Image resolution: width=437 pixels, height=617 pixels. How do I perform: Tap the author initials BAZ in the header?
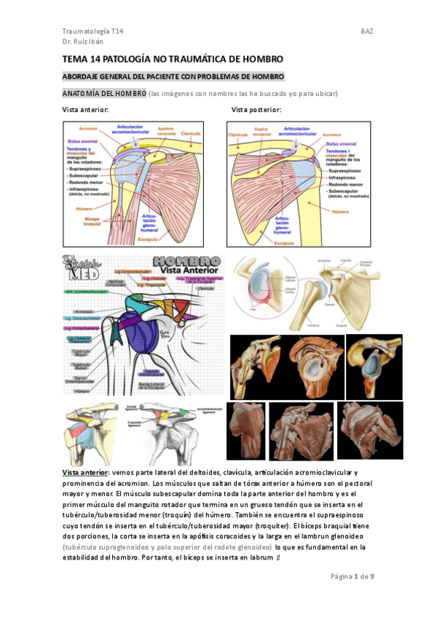pos(366,31)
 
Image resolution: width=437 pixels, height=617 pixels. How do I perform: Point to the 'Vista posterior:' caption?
pos(256,109)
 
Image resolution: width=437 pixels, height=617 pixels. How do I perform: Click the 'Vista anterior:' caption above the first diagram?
pos(86,109)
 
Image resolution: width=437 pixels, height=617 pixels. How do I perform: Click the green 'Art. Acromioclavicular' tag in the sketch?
pos(86,291)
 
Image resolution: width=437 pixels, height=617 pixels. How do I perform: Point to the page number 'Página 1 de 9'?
pos(352,576)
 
